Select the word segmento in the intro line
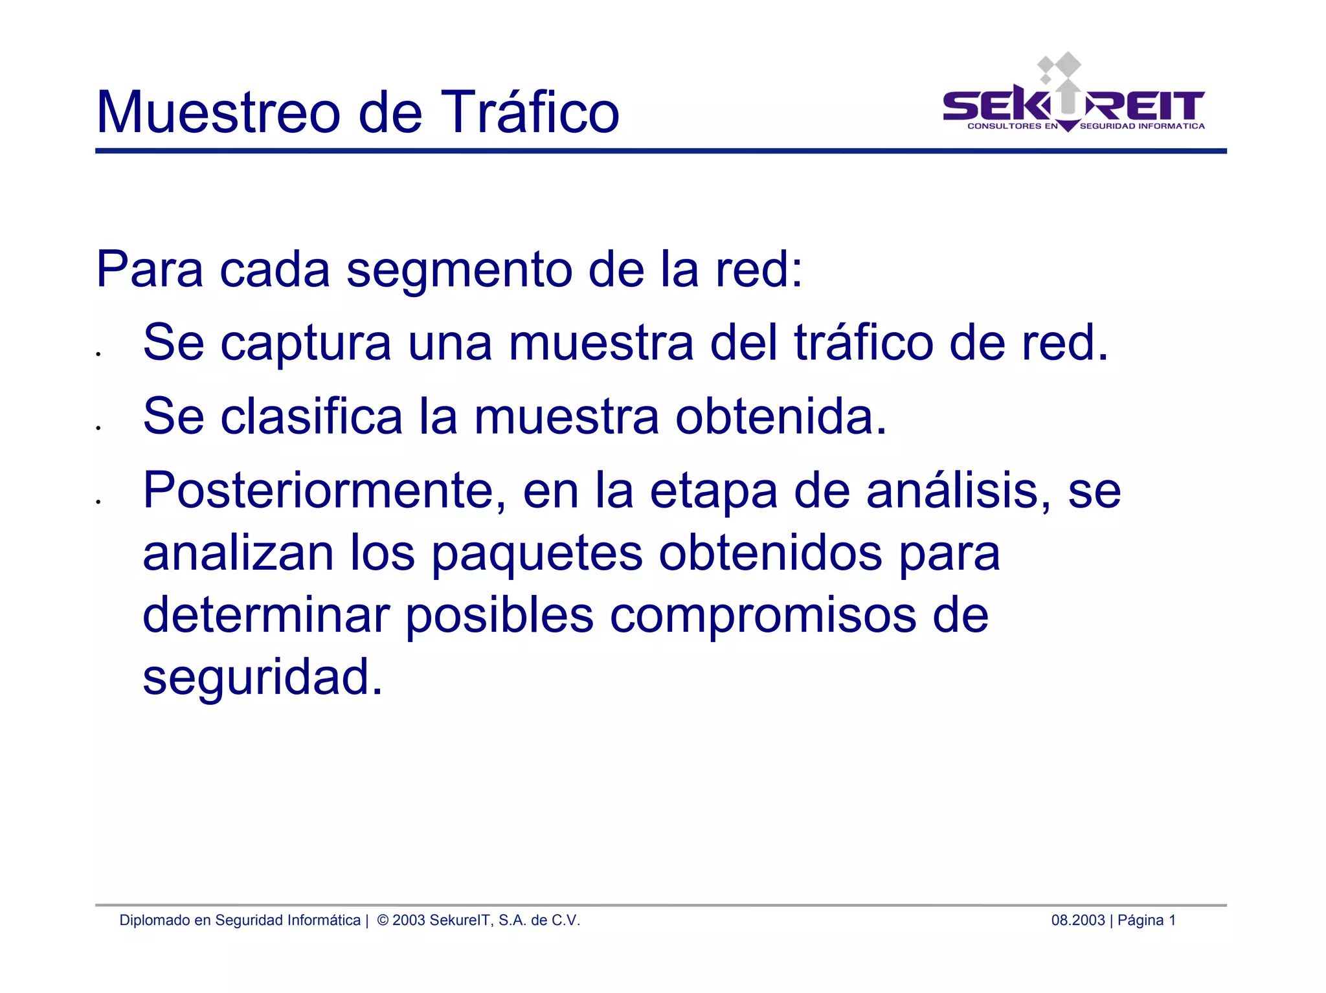[459, 271]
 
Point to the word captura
[306, 344]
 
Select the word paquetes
[537, 553]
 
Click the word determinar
[266, 615]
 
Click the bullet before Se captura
[98, 354]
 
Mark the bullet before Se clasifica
[98, 428]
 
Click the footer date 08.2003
[1077, 920]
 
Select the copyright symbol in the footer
[383, 920]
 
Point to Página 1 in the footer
[1147, 920]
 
